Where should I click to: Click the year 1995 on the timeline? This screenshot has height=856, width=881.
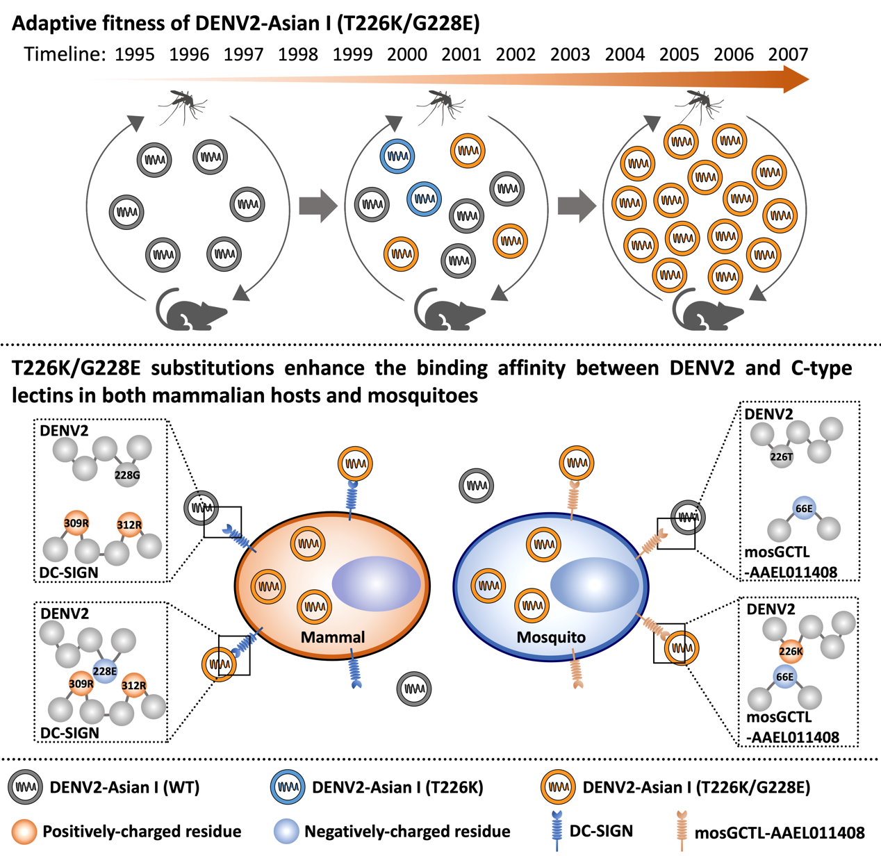pyautogui.click(x=135, y=54)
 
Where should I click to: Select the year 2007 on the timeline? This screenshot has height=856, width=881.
pyautogui.click(x=789, y=54)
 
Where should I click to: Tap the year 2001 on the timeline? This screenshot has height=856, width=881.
pyautogui.click(x=461, y=54)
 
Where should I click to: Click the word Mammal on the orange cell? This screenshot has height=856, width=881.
pyautogui.click(x=333, y=637)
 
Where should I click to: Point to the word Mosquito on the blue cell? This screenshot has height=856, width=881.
pyautogui.click(x=551, y=637)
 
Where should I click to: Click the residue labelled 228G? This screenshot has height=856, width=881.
pyautogui.click(x=128, y=475)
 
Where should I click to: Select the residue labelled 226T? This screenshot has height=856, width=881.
pyautogui.click(x=782, y=456)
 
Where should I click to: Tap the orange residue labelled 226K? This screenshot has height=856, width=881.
pyautogui.click(x=791, y=651)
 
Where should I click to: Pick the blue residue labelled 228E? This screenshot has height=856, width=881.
pyautogui.click(x=105, y=671)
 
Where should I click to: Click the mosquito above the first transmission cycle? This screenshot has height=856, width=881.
pyautogui.click(x=182, y=105)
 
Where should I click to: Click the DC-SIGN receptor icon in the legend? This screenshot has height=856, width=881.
pyautogui.click(x=556, y=830)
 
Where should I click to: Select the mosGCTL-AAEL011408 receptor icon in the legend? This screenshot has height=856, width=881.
pyautogui.click(x=682, y=830)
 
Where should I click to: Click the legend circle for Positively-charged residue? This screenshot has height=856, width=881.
pyautogui.click(x=25, y=832)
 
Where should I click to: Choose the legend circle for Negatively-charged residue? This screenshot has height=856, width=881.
pyautogui.click(x=286, y=832)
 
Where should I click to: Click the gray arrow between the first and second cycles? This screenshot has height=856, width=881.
pyautogui.click(x=318, y=206)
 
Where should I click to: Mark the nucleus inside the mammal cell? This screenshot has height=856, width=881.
pyautogui.click(x=377, y=584)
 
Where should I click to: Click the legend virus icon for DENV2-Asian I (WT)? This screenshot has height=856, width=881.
pyautogui.click(x=26, y=787)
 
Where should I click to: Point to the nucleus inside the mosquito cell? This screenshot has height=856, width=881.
pyautogui.click(x=595, y=584)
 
